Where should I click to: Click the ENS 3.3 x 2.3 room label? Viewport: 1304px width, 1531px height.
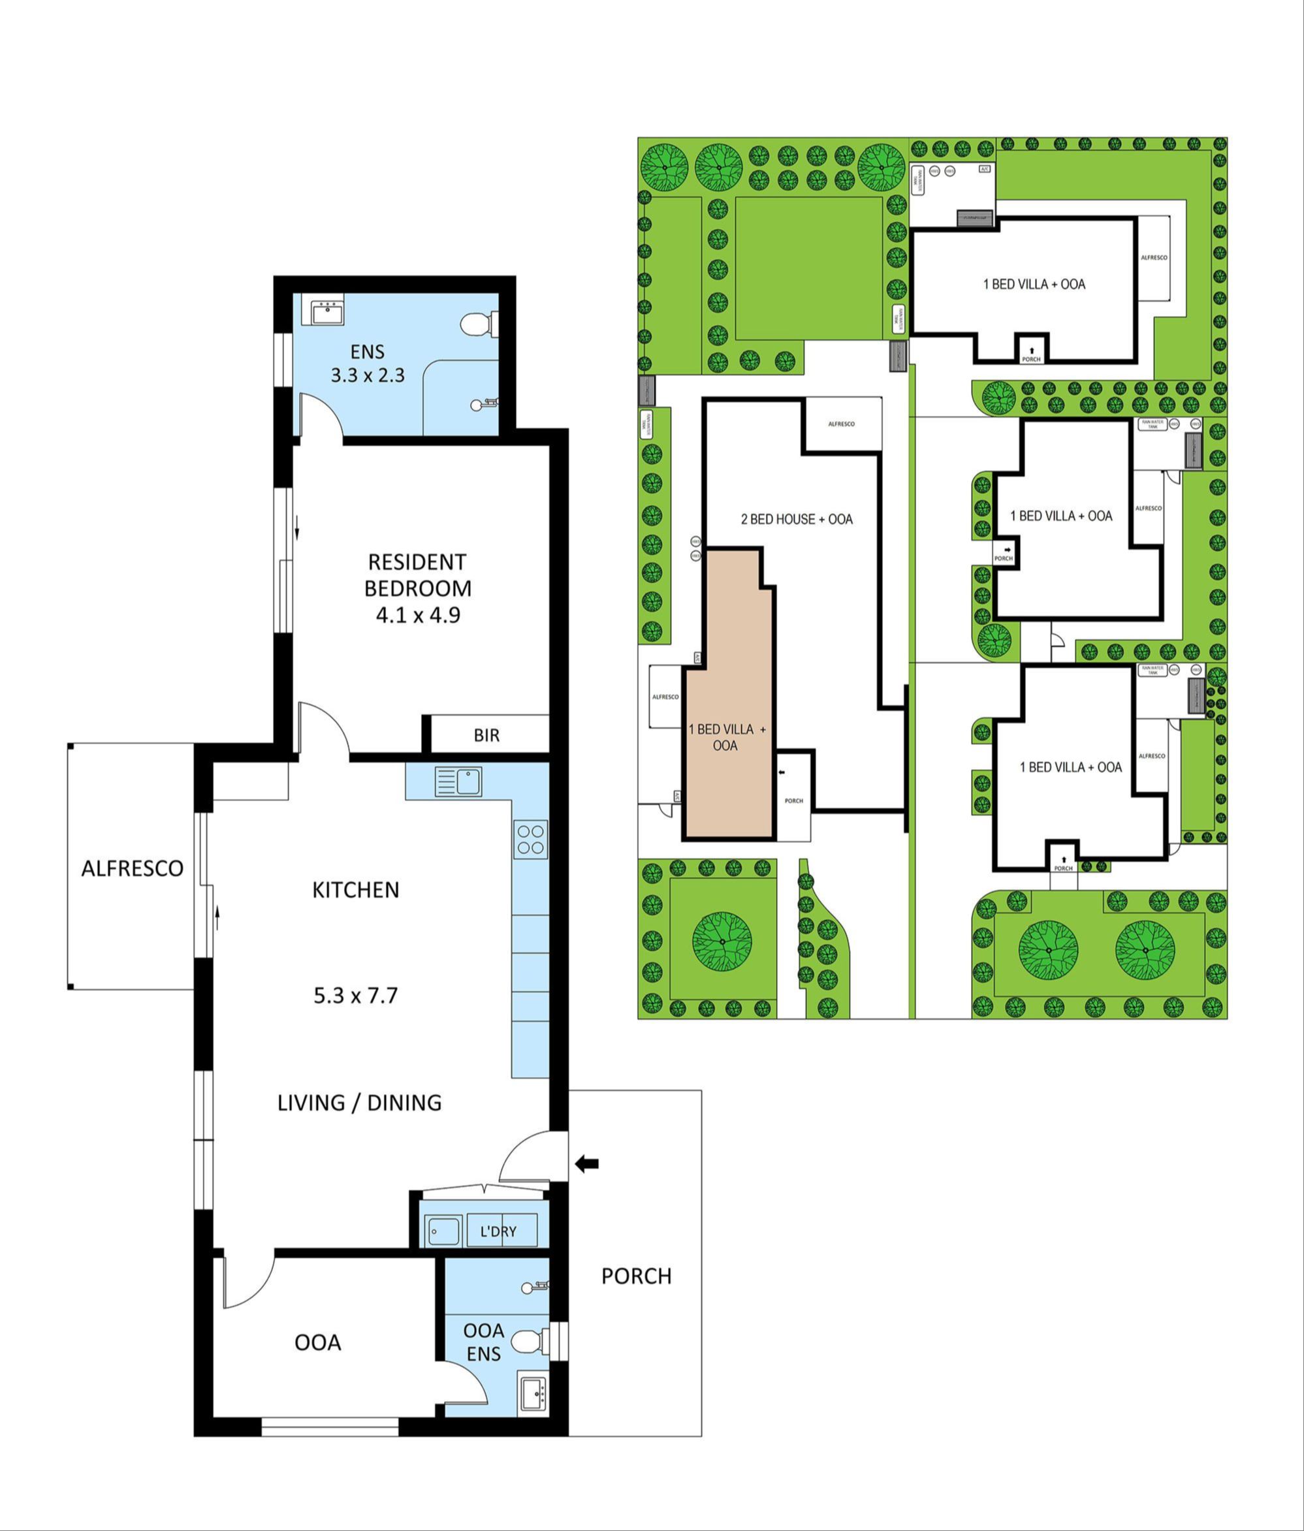(367, 364)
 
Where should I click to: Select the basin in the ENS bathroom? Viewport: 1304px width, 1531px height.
(326, 313)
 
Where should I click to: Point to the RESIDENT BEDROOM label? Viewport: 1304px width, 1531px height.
(418, 588)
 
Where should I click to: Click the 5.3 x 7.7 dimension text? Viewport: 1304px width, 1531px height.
(355, 995)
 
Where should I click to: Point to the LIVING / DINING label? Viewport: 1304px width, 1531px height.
(359, 1103)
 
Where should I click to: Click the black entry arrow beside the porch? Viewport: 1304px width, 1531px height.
(587, 1165)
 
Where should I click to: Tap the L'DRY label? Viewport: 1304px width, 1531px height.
(498, 1232)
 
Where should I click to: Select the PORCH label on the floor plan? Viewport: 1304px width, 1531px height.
(636, 1276)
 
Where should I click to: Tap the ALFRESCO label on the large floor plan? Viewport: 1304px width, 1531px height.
(133, 868)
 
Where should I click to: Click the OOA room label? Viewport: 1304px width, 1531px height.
(318, 1342)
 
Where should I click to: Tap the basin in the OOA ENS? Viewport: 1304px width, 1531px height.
(532, 1393)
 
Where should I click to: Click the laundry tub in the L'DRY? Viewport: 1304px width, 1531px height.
(441, 1232)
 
